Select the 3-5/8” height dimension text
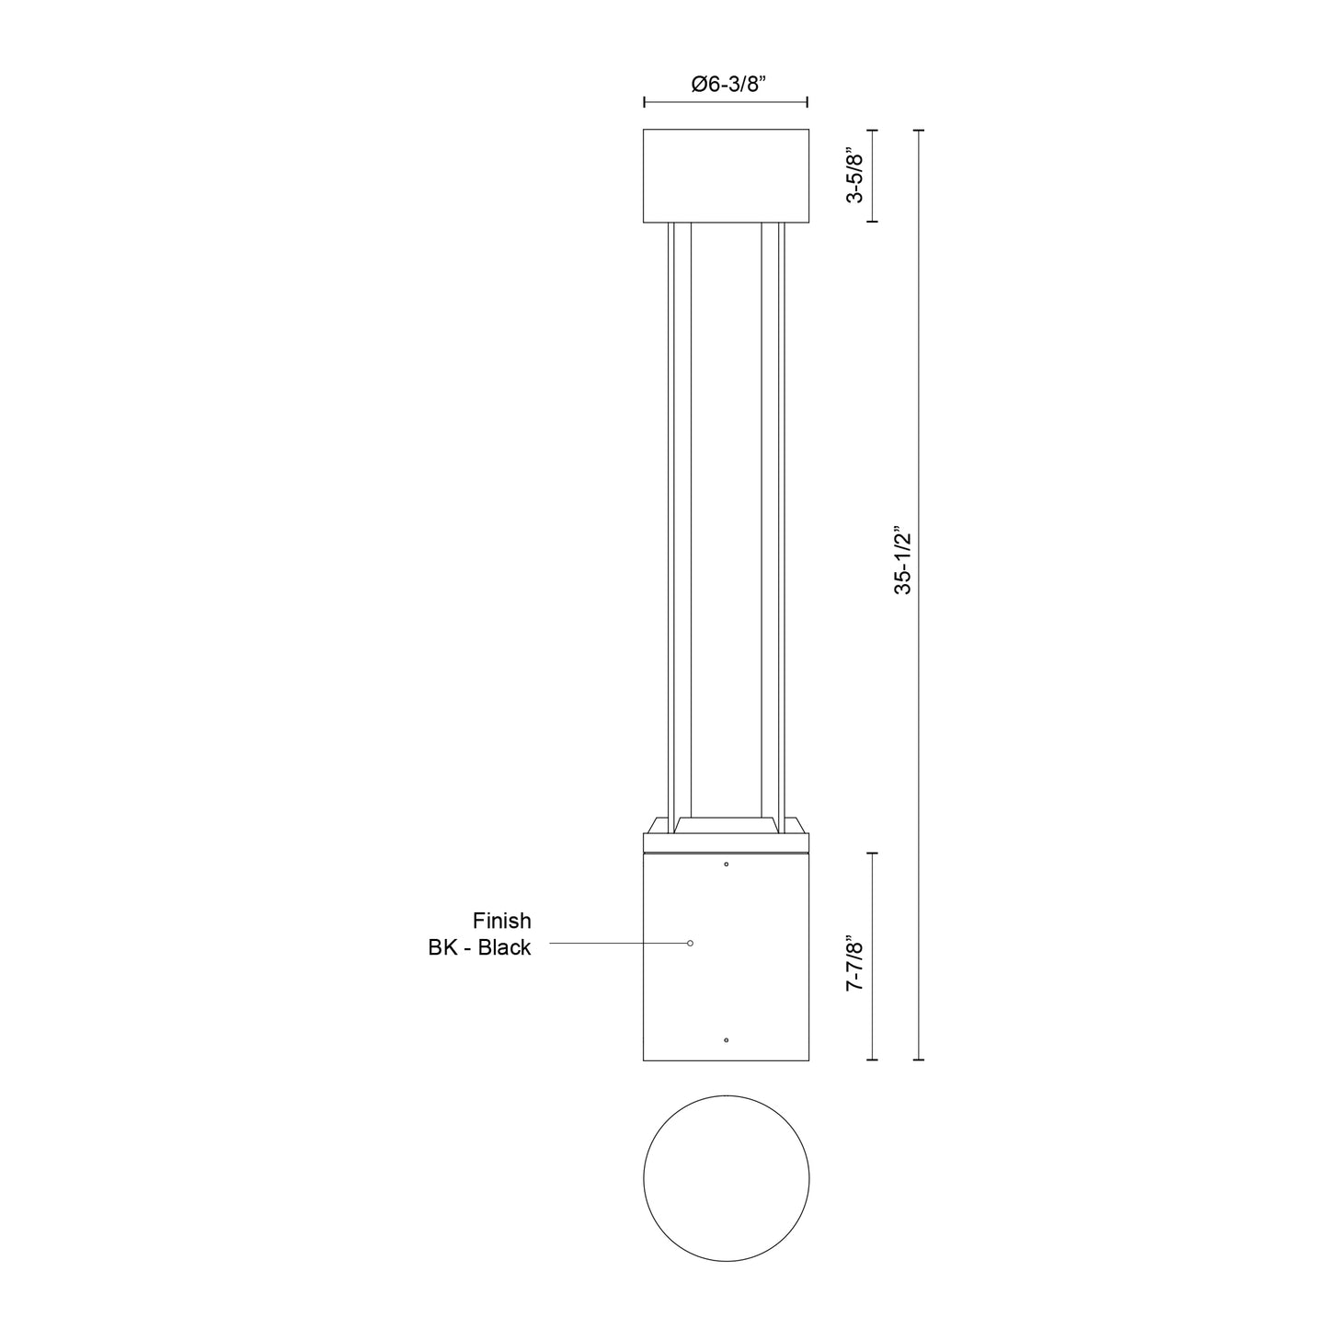click(854, 176)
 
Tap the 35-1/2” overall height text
click(903, 561)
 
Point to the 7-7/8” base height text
click(854, 964)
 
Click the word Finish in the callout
click(501, 921)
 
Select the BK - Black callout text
click(479, 947)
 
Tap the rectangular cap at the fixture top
click(726, 176)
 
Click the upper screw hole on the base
click(727, 865)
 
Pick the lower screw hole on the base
click(727, 1040)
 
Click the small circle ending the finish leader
click(691, 943)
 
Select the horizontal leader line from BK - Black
click(616, 943)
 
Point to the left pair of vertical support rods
click(679, 520)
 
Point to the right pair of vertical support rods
click(773, 520)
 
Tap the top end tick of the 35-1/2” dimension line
click(918, 131)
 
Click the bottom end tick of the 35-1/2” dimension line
click(918, 1060)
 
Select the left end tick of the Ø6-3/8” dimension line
click(644, 102)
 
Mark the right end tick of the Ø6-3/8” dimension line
click(808, 102)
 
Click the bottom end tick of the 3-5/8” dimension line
click(872, 222)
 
